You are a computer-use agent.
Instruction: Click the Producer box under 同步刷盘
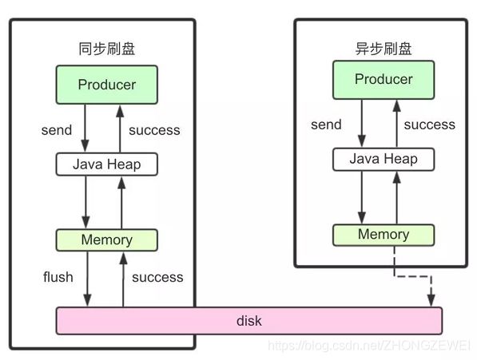(107, 85)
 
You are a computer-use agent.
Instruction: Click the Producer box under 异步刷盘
(384, 80)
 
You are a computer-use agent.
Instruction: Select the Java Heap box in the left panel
(107, 164)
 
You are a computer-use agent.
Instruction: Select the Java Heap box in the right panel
(384, 159)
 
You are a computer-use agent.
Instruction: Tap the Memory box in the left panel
(107, 240)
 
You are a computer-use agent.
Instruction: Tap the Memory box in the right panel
(384, 235)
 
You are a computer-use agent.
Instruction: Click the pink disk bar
(249, 321)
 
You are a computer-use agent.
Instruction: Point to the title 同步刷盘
(107, 49)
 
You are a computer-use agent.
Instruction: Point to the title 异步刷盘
(384, 49)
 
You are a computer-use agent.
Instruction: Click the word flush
(58, 277)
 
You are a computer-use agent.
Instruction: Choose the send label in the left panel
(57, 130)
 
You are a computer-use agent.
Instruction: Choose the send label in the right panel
(326, 125)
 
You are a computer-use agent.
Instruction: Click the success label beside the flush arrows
(157, 277)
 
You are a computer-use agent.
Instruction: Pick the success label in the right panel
(430, 125)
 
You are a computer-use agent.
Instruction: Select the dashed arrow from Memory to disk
(413, 276)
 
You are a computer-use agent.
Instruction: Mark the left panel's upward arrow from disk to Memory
(123, 279)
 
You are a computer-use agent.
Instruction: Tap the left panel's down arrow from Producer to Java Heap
(85, 129)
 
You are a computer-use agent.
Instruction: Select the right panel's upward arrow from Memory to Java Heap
(396, 197)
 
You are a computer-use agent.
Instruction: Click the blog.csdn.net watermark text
(368, 346)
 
